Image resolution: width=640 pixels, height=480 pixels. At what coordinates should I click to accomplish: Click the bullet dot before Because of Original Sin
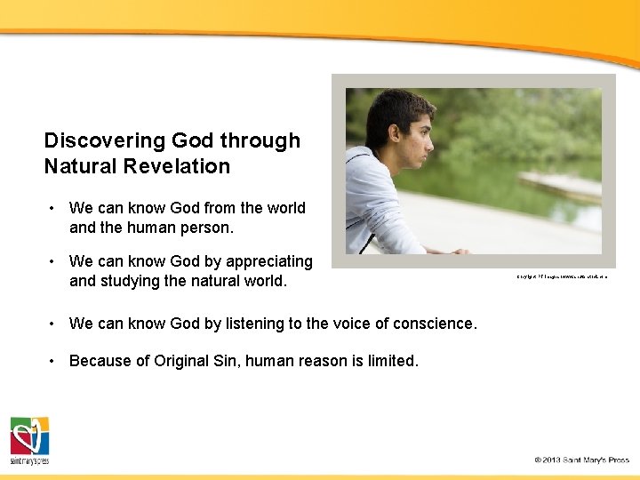click(53, 361)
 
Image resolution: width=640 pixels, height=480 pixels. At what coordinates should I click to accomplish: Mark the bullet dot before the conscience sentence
click(53, 324)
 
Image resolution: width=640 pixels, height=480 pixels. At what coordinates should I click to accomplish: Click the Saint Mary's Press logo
click(29, 440)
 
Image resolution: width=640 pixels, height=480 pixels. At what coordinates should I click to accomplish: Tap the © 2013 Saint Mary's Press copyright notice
click(581, 460)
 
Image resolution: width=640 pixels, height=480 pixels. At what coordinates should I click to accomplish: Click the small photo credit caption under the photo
click(562, 276)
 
